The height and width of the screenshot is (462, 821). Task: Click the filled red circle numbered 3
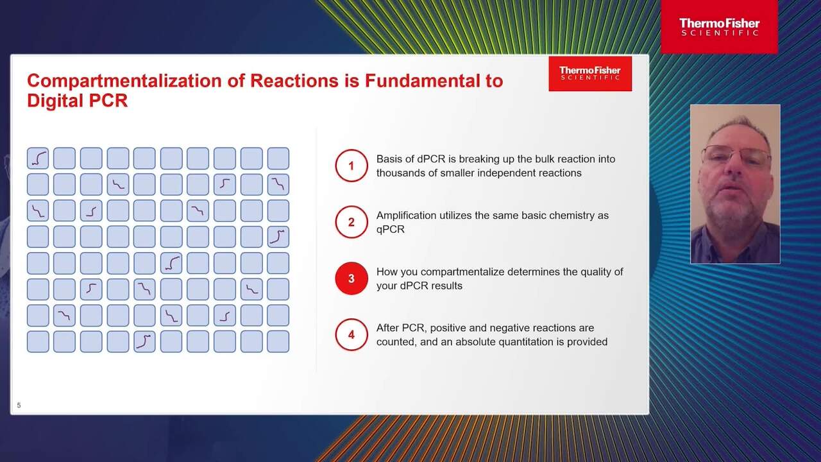(351, 278)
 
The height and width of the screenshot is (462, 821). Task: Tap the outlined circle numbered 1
(351, 150)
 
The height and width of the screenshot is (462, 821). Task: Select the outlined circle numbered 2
(351, 206)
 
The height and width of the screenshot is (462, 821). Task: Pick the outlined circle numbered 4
(351, 319)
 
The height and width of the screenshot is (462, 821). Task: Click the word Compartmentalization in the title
(124, 81)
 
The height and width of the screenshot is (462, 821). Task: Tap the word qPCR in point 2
(391, 230)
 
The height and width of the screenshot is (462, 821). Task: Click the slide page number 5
(19, 405)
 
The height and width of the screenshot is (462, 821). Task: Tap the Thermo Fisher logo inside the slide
(590, 73)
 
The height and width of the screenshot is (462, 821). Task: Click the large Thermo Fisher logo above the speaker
(719, 27)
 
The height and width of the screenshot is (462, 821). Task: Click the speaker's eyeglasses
(736, 155)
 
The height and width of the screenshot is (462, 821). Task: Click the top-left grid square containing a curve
(38, 158)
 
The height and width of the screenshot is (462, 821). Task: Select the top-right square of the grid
(278, 158)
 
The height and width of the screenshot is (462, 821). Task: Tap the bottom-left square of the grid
(38, 342)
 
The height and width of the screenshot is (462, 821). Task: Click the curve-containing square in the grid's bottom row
(144, 342)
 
